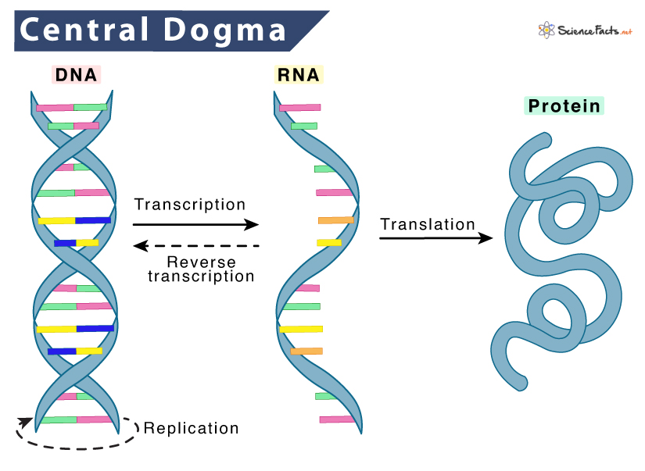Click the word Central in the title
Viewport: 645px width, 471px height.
(x=84, y=30)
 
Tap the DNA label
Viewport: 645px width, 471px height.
(x=76, y=75)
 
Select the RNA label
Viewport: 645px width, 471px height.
(x=298, y=75)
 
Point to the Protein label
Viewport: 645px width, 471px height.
(x=564, y=105)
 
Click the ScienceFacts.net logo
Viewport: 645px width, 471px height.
(x=585, y=30)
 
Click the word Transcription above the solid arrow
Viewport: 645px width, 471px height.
(x=190, y=205)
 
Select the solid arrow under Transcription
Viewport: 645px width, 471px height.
(x=195, y=224)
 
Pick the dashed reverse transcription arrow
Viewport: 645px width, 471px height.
(x=196, y=246)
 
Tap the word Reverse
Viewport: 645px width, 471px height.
(x=201, y=262)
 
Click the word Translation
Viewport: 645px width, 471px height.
(x=428, y=224)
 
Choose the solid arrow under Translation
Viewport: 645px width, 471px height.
(x=436, y=237)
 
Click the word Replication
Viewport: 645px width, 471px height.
(x=192, y=428)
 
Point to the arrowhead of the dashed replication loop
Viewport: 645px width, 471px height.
(x=25, y=423)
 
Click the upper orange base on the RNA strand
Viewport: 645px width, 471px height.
(x=335, y=220)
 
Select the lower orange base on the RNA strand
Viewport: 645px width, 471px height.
(x=306, y=351)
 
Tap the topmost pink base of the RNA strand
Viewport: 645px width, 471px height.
(x=300, y=108)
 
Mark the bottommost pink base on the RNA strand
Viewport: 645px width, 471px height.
(x=337, y=419)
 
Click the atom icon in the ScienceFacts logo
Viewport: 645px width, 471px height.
(x=546, y=30)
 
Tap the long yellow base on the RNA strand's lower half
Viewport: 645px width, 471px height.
(x=301, y=329)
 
